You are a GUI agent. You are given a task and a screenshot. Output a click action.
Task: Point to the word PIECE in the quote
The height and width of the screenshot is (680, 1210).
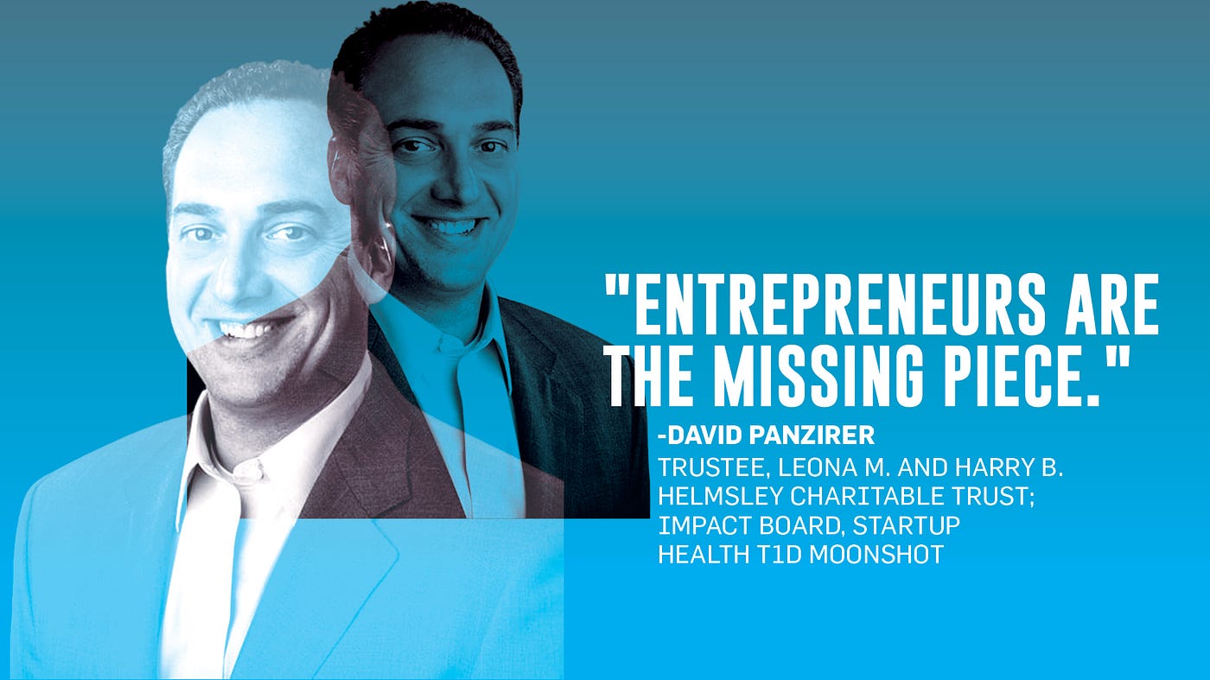[1016, 376]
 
